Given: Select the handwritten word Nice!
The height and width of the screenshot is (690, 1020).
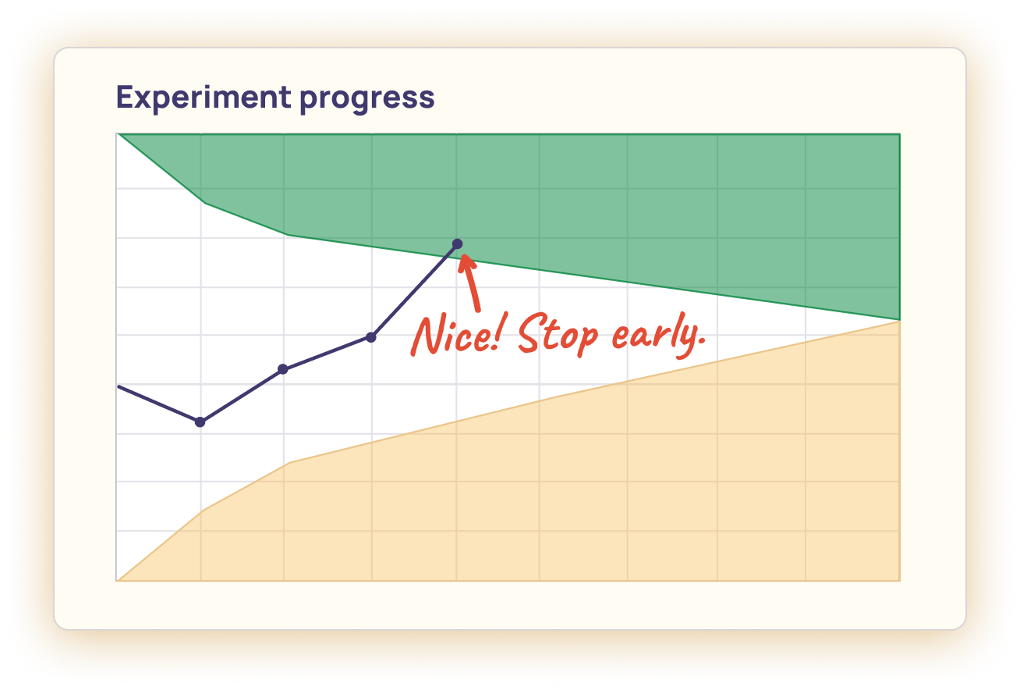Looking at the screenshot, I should click(x=459, y=336).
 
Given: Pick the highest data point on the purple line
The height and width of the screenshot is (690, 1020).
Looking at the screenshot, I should click(x=458, y=244).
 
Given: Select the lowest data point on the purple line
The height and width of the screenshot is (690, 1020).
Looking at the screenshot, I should click(x=200, y=421).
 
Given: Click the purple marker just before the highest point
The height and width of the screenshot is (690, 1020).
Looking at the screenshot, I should click(x=371, y=337).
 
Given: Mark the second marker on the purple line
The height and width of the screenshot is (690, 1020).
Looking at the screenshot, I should click(x=283, y=368).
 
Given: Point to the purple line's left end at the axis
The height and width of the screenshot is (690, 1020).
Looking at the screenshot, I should click(x=117, y=386).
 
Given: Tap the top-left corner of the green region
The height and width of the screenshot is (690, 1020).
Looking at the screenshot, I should click(x=118, y=134).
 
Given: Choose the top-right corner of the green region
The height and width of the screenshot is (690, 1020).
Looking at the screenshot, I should click(x=900, y=134).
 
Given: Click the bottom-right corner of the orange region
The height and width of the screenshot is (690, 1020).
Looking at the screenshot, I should click(x=900, y=580).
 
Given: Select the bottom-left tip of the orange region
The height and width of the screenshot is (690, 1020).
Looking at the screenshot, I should click(x=118, y=580).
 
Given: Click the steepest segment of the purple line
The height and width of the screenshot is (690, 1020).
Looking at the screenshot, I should click(x=415, y=290).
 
